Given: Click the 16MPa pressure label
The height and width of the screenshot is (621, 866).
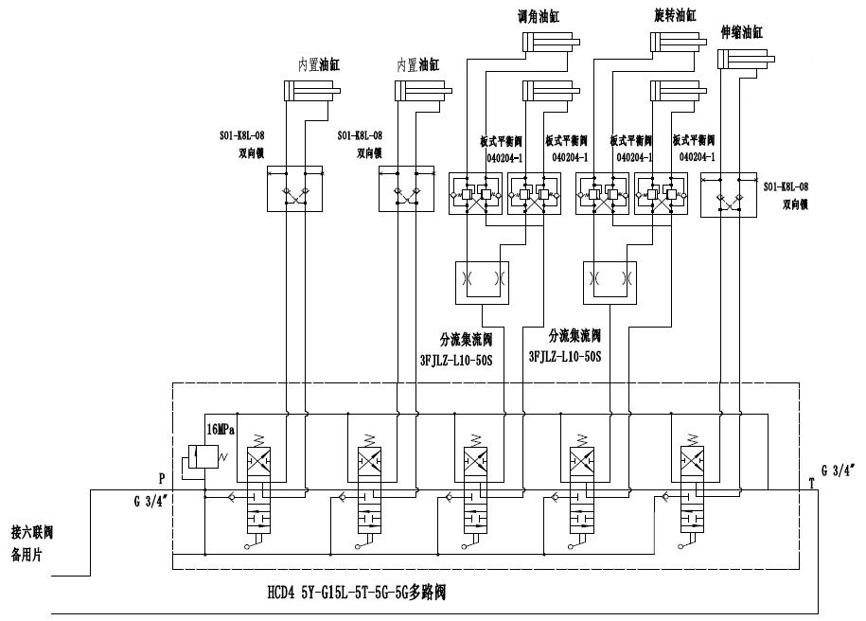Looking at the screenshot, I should point(221,429).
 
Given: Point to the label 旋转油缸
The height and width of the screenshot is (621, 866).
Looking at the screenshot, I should point(675,16).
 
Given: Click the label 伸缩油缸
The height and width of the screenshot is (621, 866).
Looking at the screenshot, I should point(741,31).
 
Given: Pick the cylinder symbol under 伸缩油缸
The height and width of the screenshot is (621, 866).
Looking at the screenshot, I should point(747,60).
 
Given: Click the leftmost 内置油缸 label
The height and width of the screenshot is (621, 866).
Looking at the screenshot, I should point(319,65).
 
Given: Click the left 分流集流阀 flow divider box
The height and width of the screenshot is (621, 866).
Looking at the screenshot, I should point(482,281).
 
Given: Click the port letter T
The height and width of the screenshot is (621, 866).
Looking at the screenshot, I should point(811,482).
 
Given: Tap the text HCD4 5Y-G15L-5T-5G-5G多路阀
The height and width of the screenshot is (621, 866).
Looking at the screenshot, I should point(356,596).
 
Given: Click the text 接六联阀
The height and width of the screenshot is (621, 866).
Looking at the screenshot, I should point(34,530).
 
